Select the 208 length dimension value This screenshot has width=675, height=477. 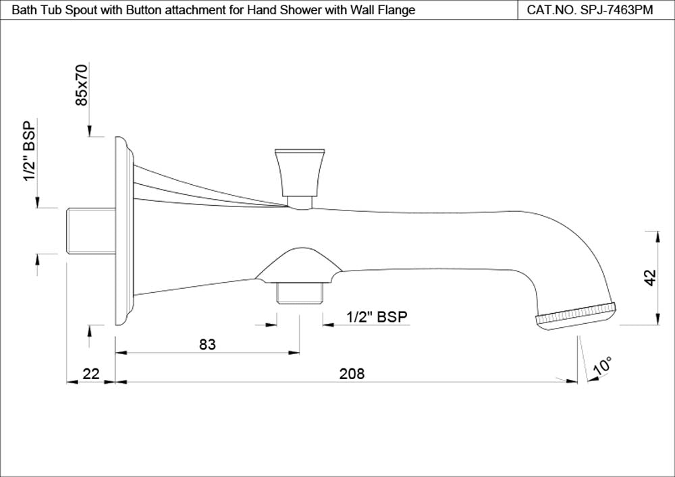point(351,373)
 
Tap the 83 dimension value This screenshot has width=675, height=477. point(207,344)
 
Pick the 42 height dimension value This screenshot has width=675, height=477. point(650,278)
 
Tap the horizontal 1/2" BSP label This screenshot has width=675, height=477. point(377,317)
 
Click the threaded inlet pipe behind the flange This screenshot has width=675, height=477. point(90,229)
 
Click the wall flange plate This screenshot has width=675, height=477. point(122,229)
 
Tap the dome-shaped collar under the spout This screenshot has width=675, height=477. point(297,264)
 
